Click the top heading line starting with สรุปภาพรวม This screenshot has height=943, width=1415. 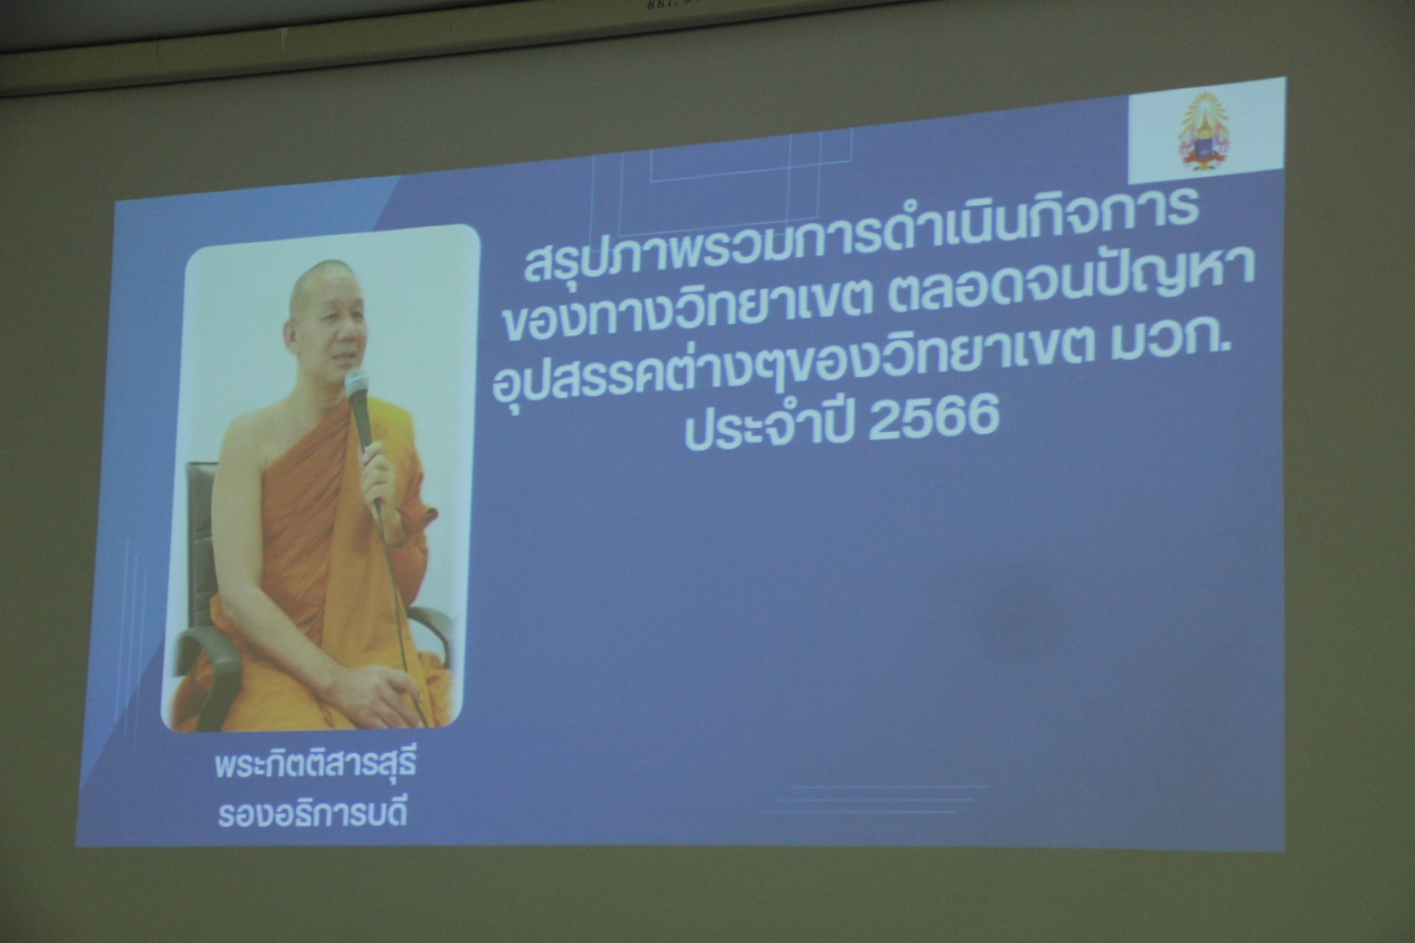coord(860,240)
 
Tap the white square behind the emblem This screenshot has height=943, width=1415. coord(1207,130)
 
